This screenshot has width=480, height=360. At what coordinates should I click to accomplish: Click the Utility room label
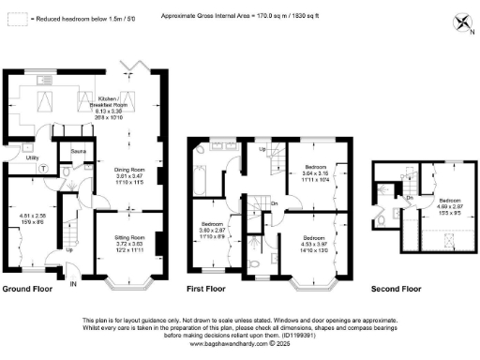point(32,159)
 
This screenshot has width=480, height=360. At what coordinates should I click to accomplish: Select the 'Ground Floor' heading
point(26,289)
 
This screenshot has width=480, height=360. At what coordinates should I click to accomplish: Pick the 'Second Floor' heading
point(398,289)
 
